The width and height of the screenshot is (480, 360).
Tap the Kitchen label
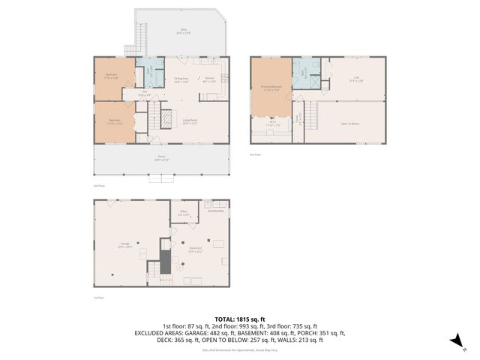(x=210, y=79)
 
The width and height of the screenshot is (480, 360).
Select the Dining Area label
(x=181, y=79)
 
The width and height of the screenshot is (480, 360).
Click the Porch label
(x=161, y=158)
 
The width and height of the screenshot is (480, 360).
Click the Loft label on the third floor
(x=356, y=79)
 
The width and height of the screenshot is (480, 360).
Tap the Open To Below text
(x=350, y=123)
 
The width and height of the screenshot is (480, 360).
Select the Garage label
(x=125, y=244)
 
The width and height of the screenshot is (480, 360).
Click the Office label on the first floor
(x=184, y=213)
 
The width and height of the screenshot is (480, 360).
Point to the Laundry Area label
(x=216, y=211)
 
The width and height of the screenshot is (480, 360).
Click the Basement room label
(x=196, y=250)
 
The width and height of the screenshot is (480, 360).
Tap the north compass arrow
(x=454, y=342)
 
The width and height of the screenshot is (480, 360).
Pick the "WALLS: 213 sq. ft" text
(x=299, y=340)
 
